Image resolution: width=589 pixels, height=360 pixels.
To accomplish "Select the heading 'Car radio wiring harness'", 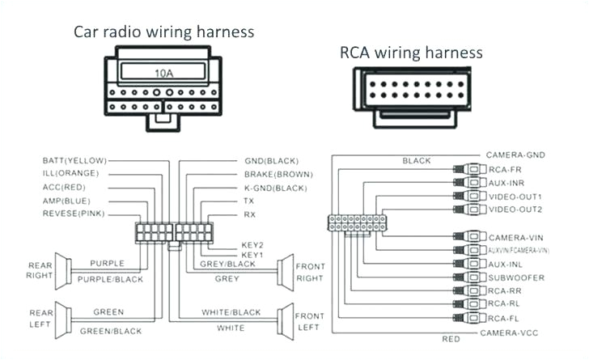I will click(x=164, y=32).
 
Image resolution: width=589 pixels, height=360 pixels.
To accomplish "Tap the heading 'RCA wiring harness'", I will click(x=411, y=53).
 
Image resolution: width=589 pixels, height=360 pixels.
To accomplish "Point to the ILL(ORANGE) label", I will click(x=71, y=173).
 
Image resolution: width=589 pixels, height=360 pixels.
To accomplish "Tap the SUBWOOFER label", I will click(x=515, y=277).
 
